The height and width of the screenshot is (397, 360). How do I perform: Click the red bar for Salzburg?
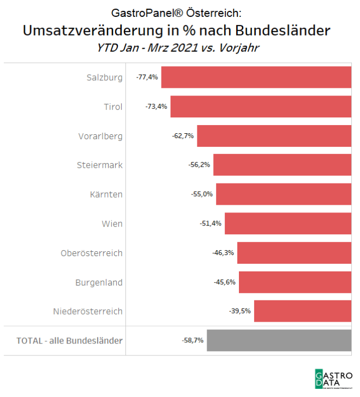(x=256, y=77)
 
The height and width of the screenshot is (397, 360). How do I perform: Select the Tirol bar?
(x=261, y=106)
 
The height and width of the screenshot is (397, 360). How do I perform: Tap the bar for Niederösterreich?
(x=303, y=311)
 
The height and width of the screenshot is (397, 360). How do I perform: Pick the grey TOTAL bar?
(x=279, y=340)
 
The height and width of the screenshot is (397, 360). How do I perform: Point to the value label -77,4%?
(x=147, y=77)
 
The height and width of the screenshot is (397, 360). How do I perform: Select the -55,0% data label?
(x=202, y=194)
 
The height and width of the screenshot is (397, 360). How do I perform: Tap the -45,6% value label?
(x=225, y=282)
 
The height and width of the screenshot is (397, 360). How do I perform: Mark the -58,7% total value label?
(x=193, y=340)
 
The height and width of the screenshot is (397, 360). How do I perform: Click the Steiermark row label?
(x=99, y=165)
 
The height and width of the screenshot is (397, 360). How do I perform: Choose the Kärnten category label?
(x=106, y=194)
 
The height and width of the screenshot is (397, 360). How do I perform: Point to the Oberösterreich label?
(x=92, y=253)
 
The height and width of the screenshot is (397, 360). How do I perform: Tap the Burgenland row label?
(x=99, y=282)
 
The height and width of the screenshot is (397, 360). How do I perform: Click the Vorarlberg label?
(x=100, y=136)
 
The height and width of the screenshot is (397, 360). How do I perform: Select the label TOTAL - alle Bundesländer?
(x=69, y=340)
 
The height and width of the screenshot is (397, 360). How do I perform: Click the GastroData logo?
(x=333, y=378)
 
